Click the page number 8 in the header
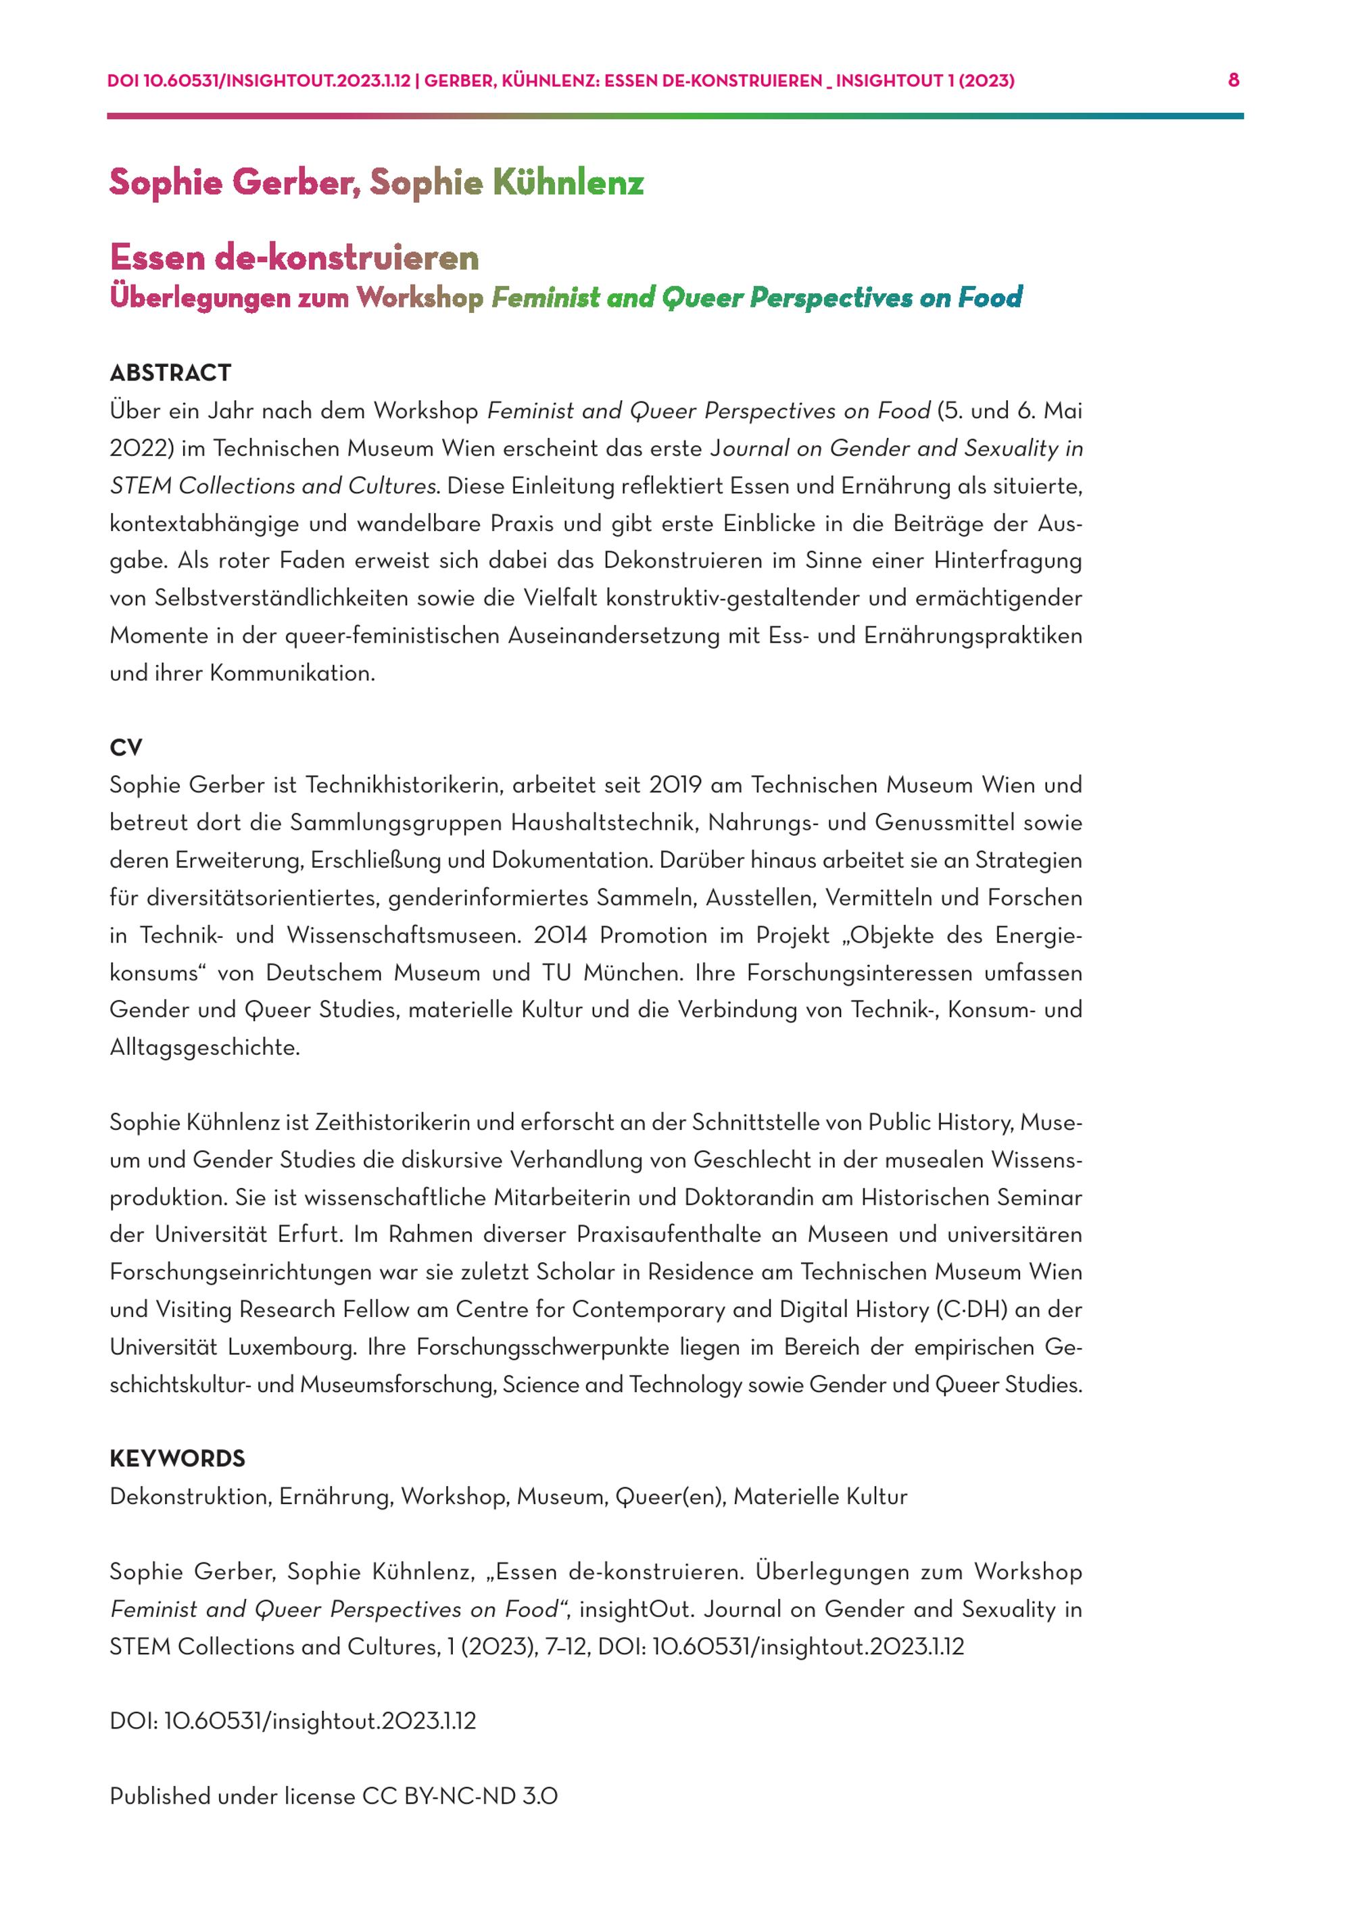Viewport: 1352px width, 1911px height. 1233,80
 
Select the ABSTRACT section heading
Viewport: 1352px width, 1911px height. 170,373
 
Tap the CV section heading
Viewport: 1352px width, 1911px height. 126,747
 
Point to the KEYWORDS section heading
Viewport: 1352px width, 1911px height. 177,1458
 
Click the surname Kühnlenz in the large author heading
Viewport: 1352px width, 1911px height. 568,183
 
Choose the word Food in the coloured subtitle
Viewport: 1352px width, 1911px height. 989,297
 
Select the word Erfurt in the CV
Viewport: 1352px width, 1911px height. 310,1235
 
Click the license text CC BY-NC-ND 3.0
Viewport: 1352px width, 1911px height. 460,1796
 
